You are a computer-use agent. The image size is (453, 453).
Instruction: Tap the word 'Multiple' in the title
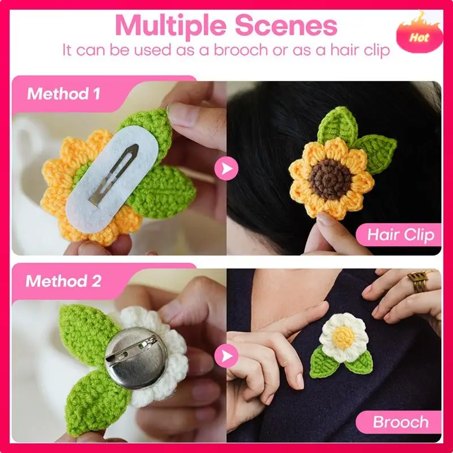click(170, 25)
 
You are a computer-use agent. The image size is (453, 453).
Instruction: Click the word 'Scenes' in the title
click(286, 25)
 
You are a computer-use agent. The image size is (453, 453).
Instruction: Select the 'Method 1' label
click(64, 93)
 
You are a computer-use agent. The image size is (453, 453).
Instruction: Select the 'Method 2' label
click(63, 281)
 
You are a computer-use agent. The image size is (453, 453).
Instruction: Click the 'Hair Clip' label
click(401, 234)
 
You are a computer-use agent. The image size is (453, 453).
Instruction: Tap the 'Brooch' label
click(401, 422)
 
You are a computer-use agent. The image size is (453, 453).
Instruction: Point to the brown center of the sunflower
click(330, 179)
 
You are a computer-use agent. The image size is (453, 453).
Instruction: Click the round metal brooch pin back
click(136, 358)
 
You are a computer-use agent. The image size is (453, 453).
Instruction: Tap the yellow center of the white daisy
click(343, 337)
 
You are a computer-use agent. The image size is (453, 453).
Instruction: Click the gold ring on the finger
click(418, 280)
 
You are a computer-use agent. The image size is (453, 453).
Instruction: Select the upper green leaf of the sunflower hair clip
click(338, 126)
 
